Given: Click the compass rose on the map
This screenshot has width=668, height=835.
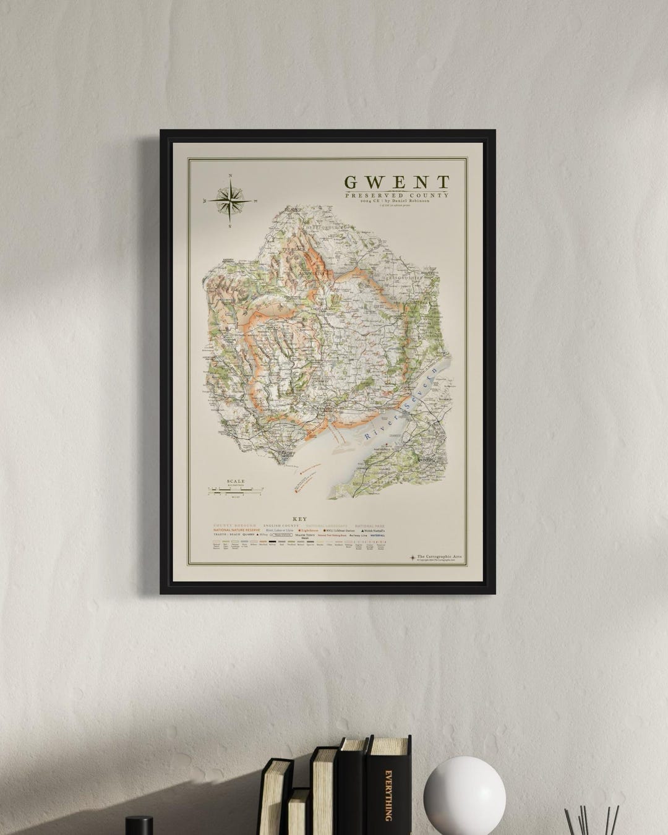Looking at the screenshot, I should point(231,200).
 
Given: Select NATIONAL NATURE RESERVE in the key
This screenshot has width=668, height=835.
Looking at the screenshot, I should point(237,531).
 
